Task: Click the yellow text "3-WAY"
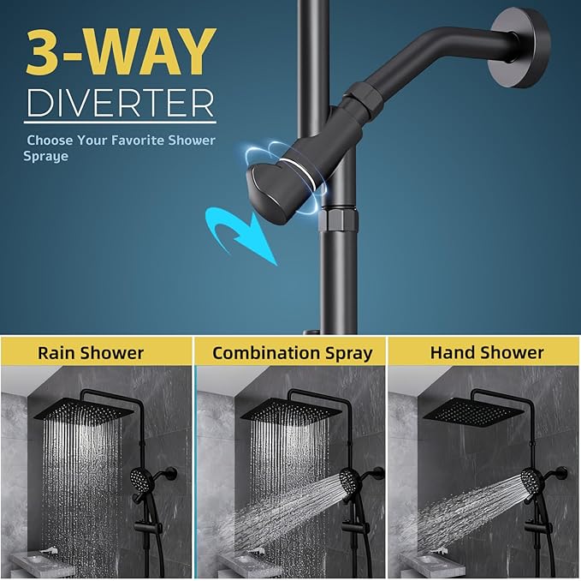tap(120, 53)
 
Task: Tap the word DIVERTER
tap(120, 102)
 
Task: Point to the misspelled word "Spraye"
tap(45, 157)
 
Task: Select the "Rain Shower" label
tap(91, 352)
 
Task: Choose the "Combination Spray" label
tap(293, 352)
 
